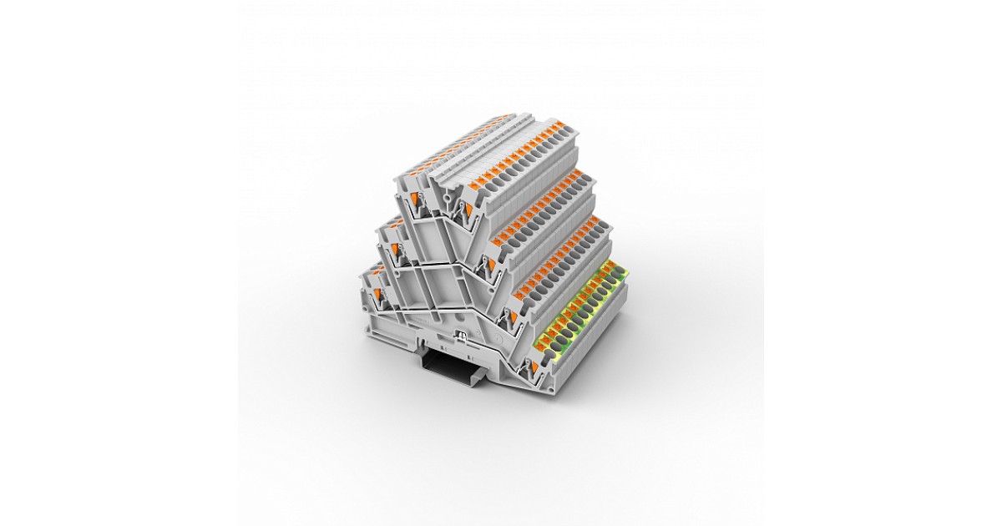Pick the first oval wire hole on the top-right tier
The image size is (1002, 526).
(x=501, y=179)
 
